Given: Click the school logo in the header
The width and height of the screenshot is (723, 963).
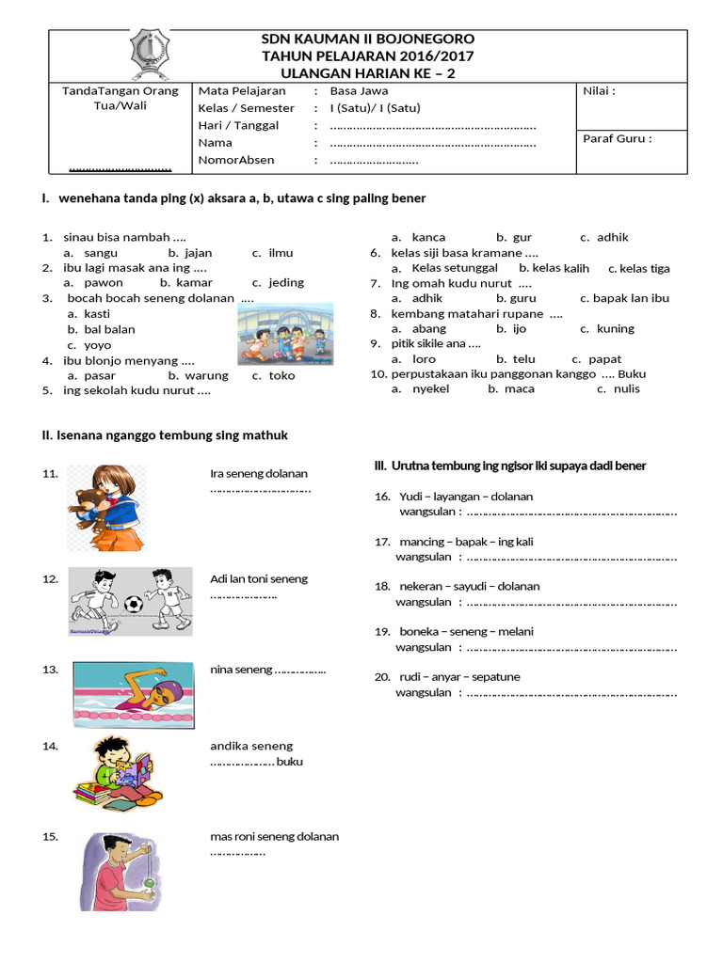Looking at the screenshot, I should point(151,55).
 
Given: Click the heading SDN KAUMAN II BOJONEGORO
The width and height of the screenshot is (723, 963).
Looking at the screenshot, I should point(367,39).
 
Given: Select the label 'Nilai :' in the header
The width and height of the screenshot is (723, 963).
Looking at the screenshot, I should point(600,92).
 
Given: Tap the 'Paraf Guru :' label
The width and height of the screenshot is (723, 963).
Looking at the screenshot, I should point(618,138).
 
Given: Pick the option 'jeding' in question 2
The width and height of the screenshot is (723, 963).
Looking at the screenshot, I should point(286,282).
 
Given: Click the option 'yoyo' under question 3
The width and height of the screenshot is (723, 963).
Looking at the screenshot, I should point(97,345).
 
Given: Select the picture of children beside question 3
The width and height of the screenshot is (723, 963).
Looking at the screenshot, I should point(284,334).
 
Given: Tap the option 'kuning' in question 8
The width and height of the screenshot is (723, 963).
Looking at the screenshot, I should point(616,328).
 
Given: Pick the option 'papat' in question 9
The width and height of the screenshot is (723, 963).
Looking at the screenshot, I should point(604,359).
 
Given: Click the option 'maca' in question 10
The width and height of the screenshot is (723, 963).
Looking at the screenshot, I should point(519,388).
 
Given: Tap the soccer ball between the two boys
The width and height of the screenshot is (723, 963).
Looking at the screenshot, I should point(133,603).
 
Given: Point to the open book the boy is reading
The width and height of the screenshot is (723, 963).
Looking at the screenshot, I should point(132,773).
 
